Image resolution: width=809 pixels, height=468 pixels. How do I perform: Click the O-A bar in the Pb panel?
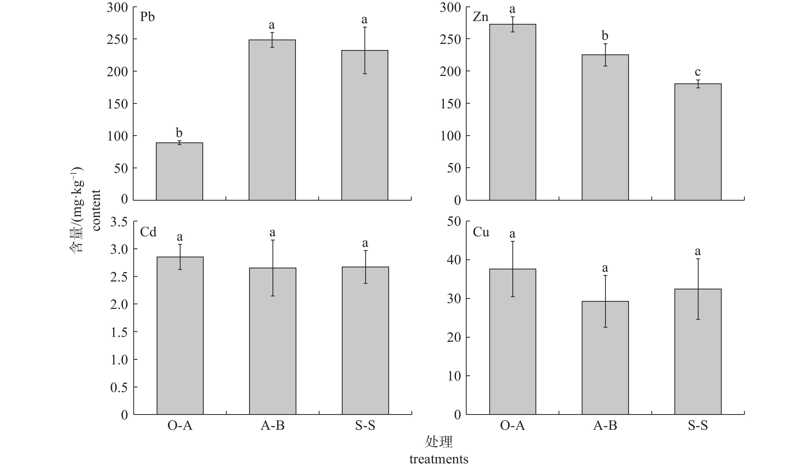point(179,171)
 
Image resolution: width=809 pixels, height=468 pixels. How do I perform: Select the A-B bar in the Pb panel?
point(272,120)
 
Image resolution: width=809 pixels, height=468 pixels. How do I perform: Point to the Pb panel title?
point(147,17)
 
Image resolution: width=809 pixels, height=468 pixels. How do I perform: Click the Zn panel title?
point(481,17)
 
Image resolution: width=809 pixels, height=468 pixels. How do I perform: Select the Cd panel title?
point(148,232)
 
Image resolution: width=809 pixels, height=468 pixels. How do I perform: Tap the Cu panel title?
point(481,232)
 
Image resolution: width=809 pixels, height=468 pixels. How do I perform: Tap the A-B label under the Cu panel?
point(605,426)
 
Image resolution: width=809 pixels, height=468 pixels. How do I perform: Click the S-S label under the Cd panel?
point(365,426)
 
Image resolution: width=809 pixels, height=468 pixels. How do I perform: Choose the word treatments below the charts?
point(439,459)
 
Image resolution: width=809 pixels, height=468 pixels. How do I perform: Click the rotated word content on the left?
point(96,210)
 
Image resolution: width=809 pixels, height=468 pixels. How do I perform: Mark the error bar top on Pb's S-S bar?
point(365,27)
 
